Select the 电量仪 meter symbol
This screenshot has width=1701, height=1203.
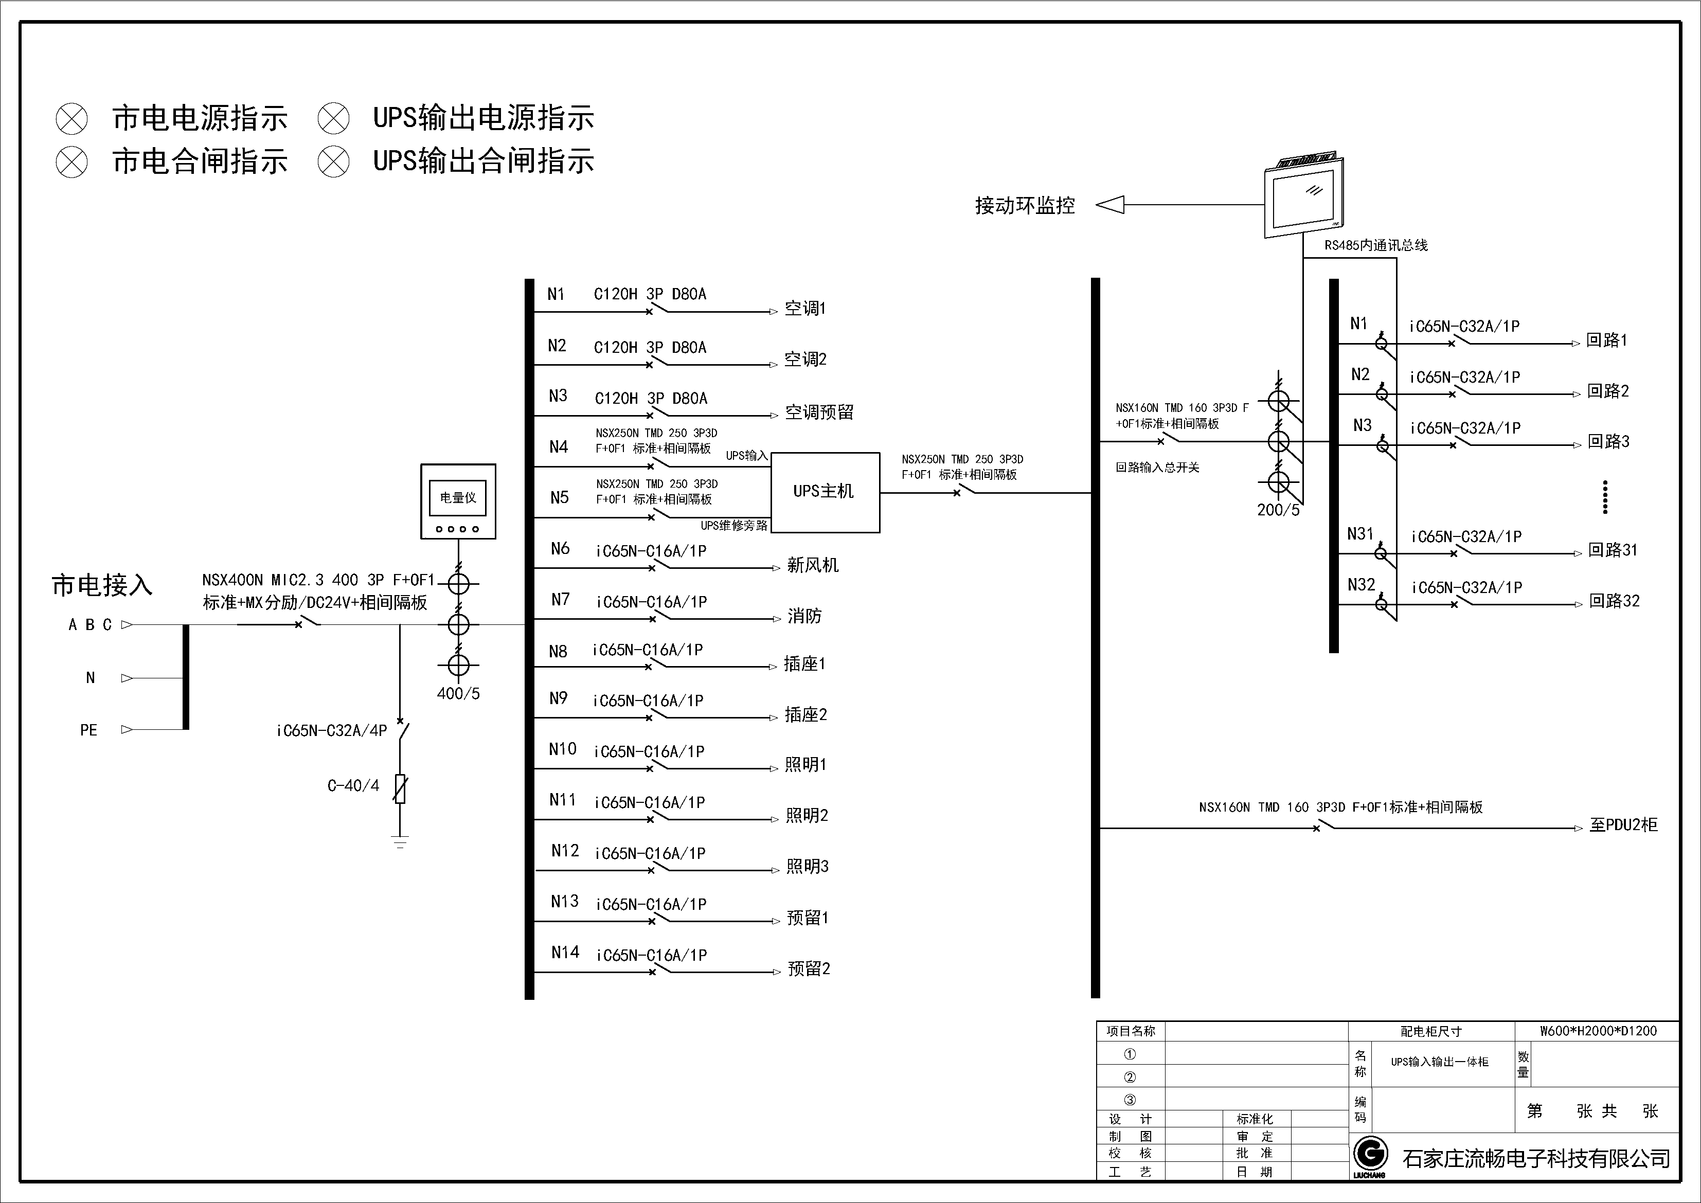tap(458, 501)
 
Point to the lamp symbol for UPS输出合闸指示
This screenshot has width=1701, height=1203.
tap(333, 161)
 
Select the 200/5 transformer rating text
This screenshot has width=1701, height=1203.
tap(1278, 510)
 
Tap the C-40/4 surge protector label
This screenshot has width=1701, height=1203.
tap(353, 786)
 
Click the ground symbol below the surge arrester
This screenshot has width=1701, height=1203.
tap(400, 841)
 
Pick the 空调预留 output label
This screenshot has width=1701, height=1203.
tap(819, 412)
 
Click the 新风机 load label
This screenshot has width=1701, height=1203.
tap(813, 566)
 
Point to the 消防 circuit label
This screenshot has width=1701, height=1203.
tap(804, 616)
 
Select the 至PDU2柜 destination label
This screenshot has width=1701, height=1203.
tap(1623, 825)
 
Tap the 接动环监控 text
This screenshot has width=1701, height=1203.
tap(1025, 206)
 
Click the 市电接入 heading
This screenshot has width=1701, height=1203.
tap(102, 586)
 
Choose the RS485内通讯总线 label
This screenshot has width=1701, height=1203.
tap(1376, 246)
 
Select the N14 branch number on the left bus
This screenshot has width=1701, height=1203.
tap(565, 953)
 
